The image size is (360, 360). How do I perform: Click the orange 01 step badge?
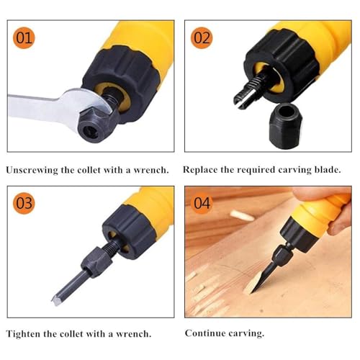(24, 37)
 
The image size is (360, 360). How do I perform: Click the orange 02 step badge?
(202, 37)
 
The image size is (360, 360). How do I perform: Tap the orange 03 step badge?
(24, 203)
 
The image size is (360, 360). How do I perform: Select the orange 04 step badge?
(202, 203)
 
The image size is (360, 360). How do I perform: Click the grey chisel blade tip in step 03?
(55, 300)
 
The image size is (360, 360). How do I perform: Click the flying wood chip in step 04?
(241, 215)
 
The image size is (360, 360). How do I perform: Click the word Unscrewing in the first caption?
(32, 171)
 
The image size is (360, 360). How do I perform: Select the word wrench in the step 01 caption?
(150, 171)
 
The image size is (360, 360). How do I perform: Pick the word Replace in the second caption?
(200, 170)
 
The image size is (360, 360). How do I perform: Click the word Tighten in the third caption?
(23, 334)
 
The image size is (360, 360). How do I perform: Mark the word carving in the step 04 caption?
(246, 334)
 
